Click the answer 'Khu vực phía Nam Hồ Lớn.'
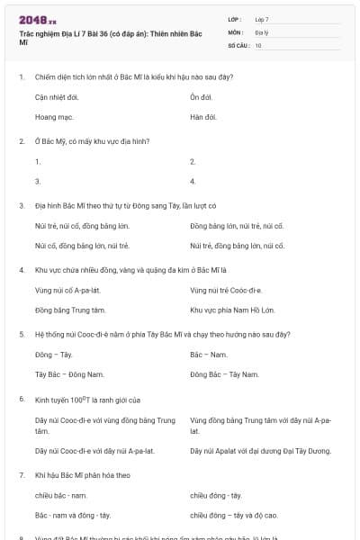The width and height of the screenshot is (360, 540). click(233, 310)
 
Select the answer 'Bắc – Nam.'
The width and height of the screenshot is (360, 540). click(208, 355)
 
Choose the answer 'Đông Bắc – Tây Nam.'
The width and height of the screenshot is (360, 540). click(224, 375)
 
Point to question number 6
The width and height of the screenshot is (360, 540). click(22, 400)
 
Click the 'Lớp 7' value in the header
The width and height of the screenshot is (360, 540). click(262, 19)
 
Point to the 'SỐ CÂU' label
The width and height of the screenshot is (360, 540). click(238, 44)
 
